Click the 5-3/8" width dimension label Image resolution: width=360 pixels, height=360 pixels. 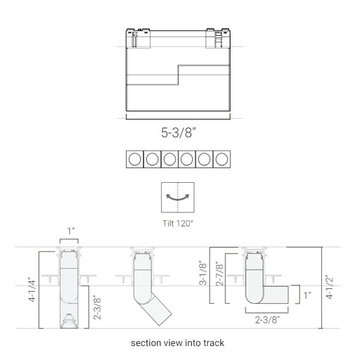pos(178,132)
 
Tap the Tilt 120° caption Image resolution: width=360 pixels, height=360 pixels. pos(178,224)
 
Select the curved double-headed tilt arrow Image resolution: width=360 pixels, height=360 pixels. pos(178,198)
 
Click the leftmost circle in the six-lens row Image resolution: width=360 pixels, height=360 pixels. pos(135,159)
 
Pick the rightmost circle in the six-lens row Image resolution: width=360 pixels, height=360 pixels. pos(221,159)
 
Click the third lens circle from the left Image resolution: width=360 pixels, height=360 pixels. pos(169,159)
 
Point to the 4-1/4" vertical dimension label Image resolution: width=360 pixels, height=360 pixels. pos(32,290)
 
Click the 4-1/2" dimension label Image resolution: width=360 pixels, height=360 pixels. pos(330,287)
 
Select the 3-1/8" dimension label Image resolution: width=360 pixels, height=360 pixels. pos(203,273)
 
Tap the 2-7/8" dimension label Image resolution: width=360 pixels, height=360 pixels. pos(219,274)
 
